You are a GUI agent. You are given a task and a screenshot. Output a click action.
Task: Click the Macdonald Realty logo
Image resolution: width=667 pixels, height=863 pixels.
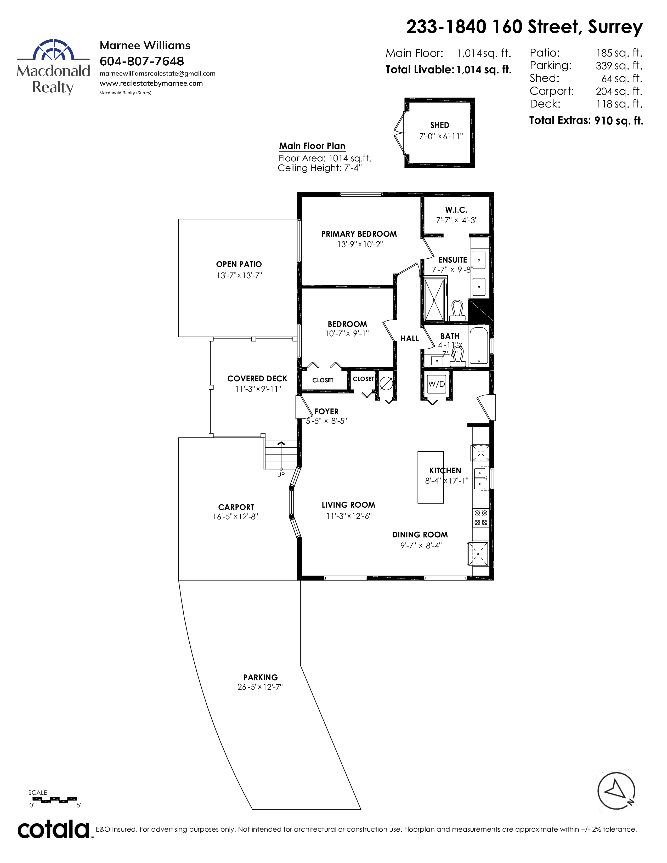pyautogui.click(x=53, y=67)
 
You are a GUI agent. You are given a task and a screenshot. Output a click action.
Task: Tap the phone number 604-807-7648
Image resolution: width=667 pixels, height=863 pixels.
pyautogui.click(x=142, y=61)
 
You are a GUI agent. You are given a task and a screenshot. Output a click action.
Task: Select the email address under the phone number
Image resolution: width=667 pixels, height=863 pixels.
pyautogui.click(x=157, y=73)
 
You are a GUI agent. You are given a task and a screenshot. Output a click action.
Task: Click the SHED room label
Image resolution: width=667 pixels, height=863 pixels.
pyautogui.click(x=439, y=125)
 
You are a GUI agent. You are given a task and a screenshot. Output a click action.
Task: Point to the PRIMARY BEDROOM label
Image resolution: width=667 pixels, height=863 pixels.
pyautogui.click(x=359, y=234)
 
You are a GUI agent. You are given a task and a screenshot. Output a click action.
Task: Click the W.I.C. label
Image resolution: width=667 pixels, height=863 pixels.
pyautogui.click(x=456, y=210)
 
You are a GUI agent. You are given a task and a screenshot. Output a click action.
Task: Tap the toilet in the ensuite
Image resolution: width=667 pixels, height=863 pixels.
pyautogui.click(x=457, y=311)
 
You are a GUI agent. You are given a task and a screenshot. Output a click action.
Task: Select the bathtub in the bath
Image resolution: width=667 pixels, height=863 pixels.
pyautogui.click(x=479, y=345)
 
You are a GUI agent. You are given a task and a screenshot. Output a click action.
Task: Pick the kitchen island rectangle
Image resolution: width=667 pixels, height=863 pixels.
pyautogui.click(x=431, y=477)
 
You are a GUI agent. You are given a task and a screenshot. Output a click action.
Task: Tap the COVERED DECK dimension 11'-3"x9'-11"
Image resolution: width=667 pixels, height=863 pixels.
pyautogui.click(x=258, y=389)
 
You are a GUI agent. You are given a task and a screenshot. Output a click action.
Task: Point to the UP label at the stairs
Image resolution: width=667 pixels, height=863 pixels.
pyautogui.click(x=281, y=475)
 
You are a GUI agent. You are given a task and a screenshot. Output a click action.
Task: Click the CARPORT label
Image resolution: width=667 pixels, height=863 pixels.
pyautogui.click(x=236, y=507)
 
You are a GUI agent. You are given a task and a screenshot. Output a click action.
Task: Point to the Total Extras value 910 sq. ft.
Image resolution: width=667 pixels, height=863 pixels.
pyautogui.click(x=619, y=121)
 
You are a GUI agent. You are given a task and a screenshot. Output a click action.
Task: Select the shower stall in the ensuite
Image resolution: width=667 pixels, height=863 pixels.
pyautogui.click(x=434, y=300)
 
